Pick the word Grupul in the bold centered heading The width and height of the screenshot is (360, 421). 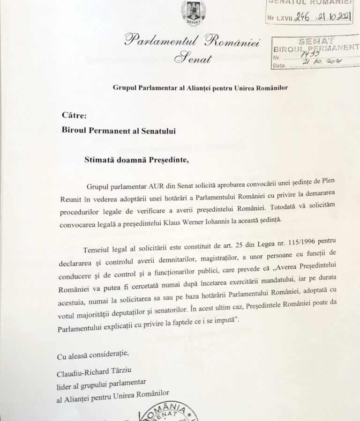[x=124, y=87]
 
